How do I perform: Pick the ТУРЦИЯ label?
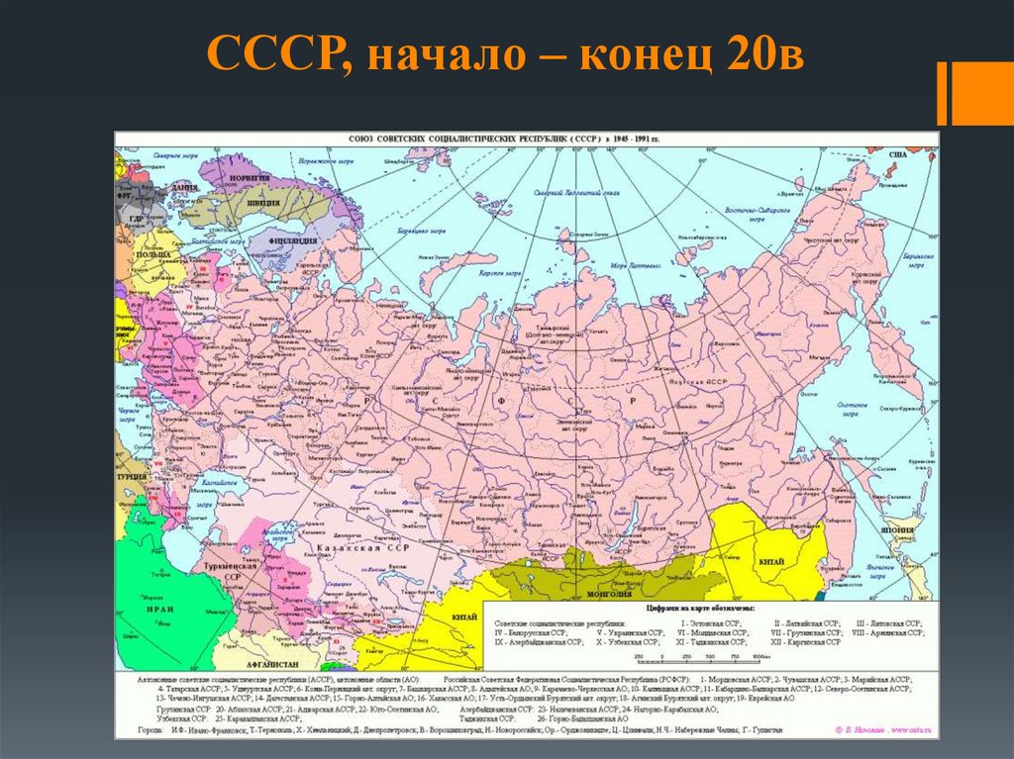pos(132,475)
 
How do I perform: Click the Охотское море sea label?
pos(853,410)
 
